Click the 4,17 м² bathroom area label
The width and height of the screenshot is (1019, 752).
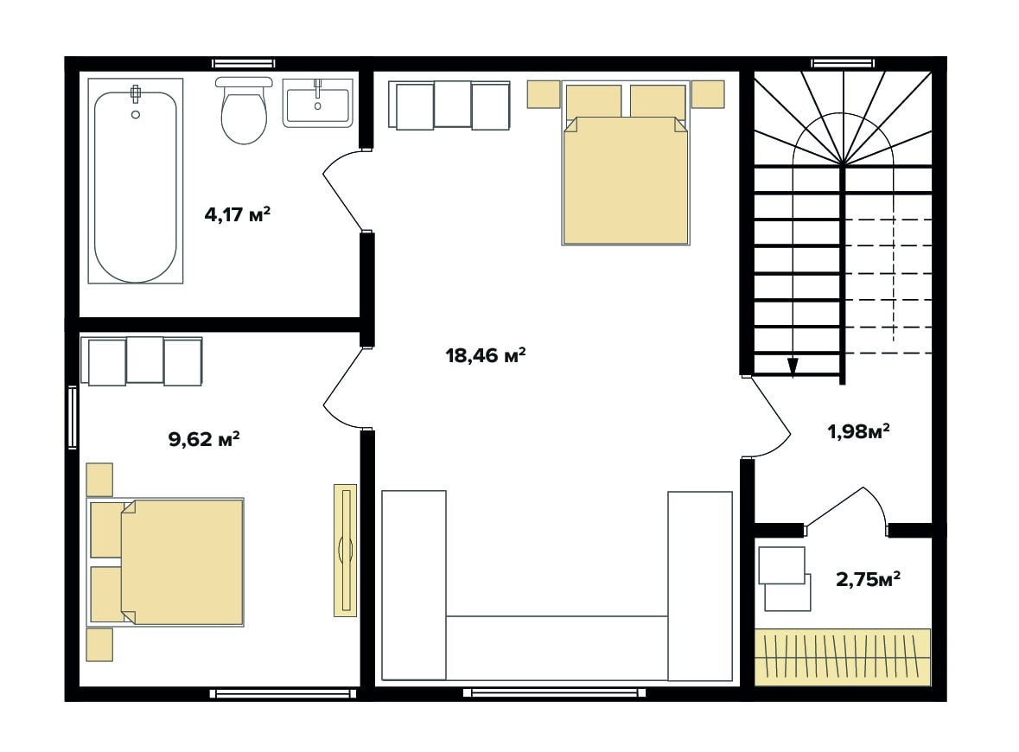point(237,213)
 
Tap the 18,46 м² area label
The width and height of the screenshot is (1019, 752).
point(486,355)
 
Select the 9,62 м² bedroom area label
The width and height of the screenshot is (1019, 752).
point(204,439)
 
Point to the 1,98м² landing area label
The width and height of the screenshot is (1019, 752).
point(858,431)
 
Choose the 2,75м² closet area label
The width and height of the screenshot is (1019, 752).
point(868,578)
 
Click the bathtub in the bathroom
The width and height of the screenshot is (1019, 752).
point(135,181)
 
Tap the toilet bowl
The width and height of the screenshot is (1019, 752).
point(244,110)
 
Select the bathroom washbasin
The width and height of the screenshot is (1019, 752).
point(318,103)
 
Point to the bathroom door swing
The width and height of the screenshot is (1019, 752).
point(342,190)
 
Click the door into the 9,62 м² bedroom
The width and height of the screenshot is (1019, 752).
point(342,387)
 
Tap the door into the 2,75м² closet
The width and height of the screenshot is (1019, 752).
point(844,507)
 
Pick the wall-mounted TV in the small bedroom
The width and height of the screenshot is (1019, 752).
point(345,550)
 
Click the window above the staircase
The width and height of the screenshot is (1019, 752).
point(843,63)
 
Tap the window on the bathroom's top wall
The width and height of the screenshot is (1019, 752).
point(244,63)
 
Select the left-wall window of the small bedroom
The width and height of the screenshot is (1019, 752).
point(72,417)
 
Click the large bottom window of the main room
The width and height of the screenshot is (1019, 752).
point(554,693)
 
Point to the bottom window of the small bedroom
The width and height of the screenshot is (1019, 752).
point(283,693)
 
